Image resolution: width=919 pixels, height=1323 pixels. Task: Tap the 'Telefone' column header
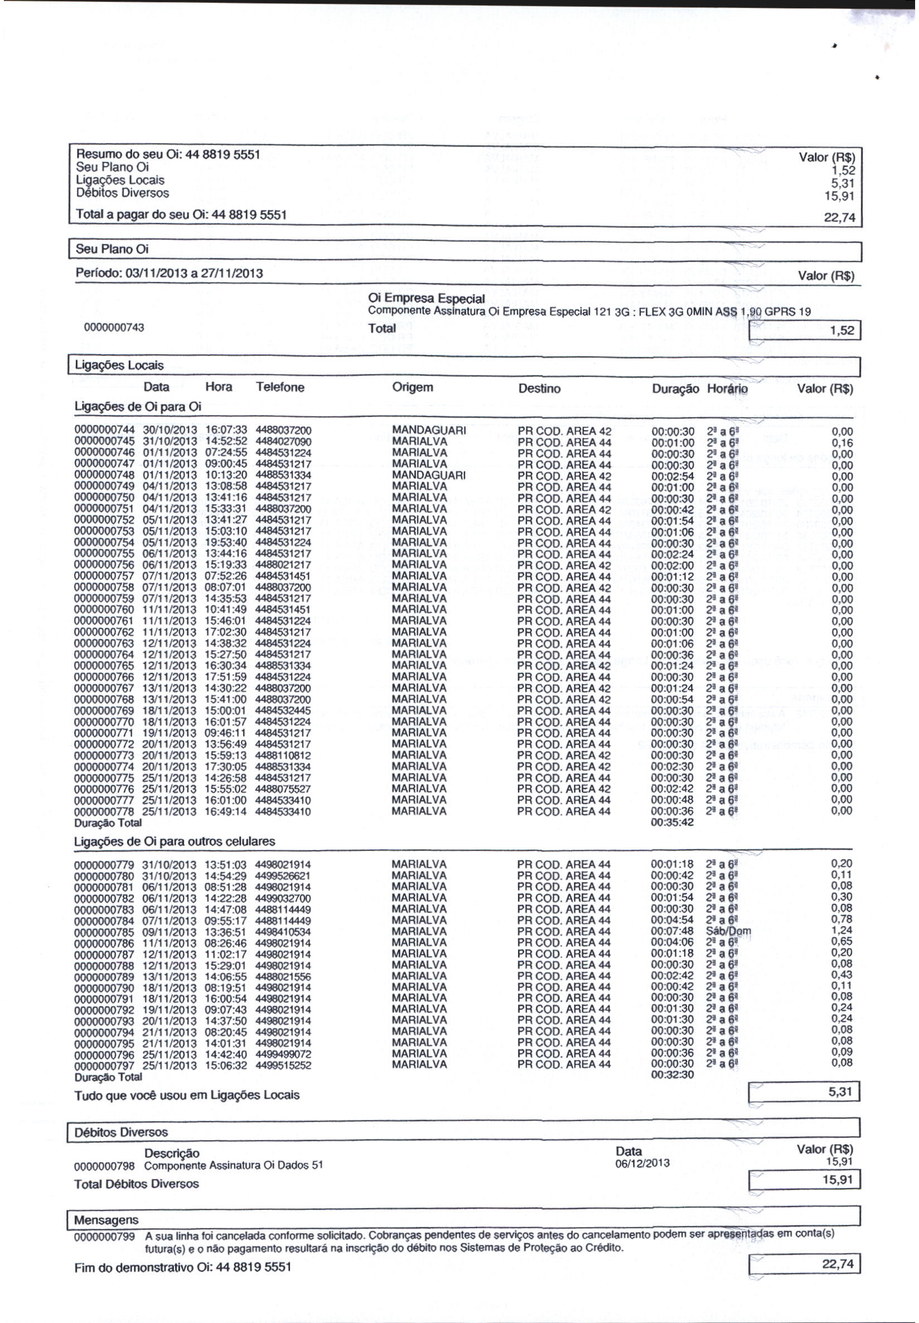tap(280, 387)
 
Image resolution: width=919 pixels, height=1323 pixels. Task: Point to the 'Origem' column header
tap(412, 387)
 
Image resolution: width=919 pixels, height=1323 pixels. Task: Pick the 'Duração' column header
tap(675, 389)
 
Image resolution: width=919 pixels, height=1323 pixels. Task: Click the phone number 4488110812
tap(283, 755)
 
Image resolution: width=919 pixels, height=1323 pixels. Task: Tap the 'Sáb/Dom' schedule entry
tap(728, 931)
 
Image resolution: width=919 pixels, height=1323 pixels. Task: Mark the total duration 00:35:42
tap(672, 823)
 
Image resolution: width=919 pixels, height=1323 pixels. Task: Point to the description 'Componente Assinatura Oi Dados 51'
tap(233, 1165)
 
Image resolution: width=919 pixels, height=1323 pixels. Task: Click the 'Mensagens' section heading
tap(106, 1220)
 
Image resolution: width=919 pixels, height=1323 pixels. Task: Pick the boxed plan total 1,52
tap(842, 331)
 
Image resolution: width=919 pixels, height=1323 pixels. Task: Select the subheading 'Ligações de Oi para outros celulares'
tap(175, 841)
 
